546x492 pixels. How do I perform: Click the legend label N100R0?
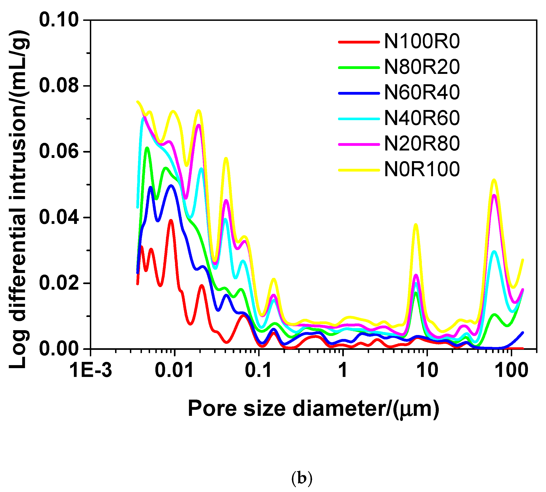pos(422,42)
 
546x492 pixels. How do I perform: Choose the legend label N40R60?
pos(422,118)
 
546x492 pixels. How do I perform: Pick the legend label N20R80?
pos(422,144)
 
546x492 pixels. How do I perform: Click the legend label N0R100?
pos(422,169)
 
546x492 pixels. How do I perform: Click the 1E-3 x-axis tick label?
pos(91,370)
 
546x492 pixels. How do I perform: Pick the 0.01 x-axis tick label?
pos(174,370)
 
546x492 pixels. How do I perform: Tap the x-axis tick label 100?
pos(511,370)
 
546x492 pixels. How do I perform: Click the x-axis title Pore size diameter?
pos(314,409)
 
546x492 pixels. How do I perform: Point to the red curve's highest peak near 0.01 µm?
pos(171,220)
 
